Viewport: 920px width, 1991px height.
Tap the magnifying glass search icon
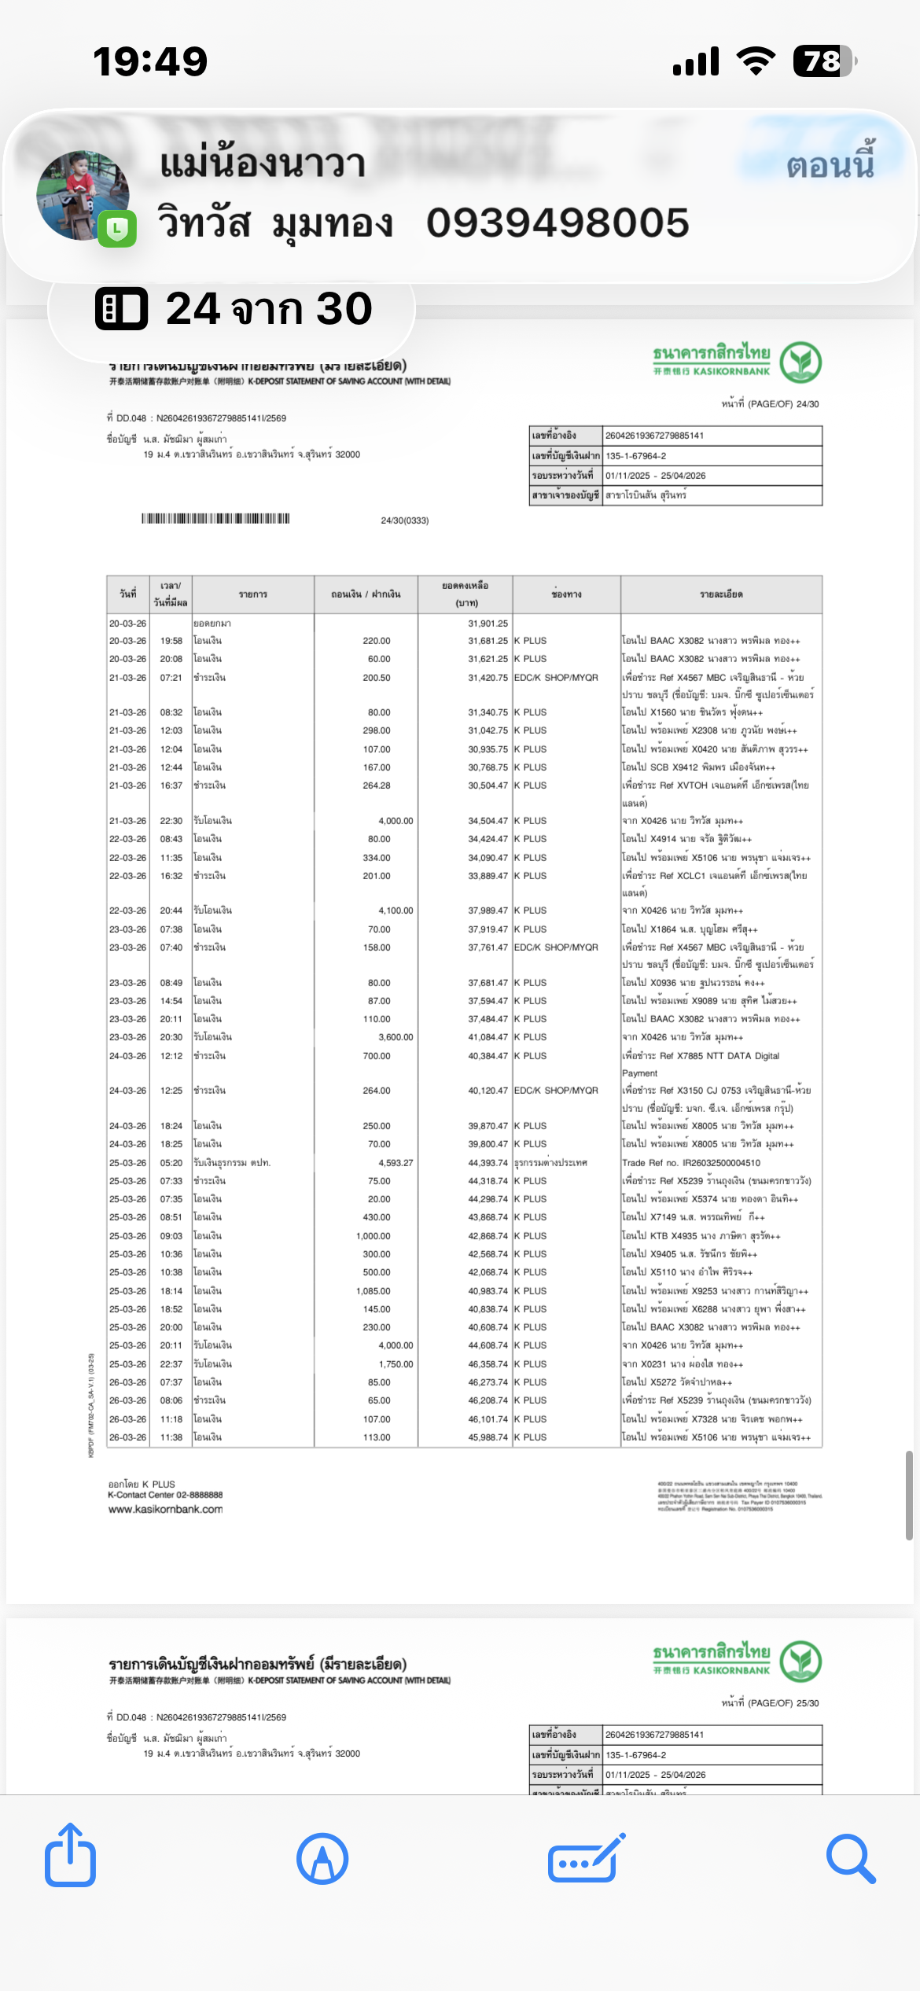851,1858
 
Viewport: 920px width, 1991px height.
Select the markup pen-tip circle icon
322,1858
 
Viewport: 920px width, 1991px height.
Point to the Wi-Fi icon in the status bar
756,61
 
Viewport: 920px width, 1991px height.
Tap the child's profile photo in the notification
83,195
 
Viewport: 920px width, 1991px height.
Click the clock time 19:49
150,61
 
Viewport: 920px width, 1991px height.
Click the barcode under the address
215,519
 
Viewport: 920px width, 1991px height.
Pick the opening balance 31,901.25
488,624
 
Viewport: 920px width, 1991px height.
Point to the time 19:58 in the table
171,641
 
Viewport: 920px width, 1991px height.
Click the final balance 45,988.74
488,1437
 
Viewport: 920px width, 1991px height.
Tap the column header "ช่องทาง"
566,594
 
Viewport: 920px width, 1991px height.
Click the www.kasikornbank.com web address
165,1509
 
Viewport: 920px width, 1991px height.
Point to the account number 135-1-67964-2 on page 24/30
635,456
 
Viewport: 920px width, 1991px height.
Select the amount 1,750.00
396,1364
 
